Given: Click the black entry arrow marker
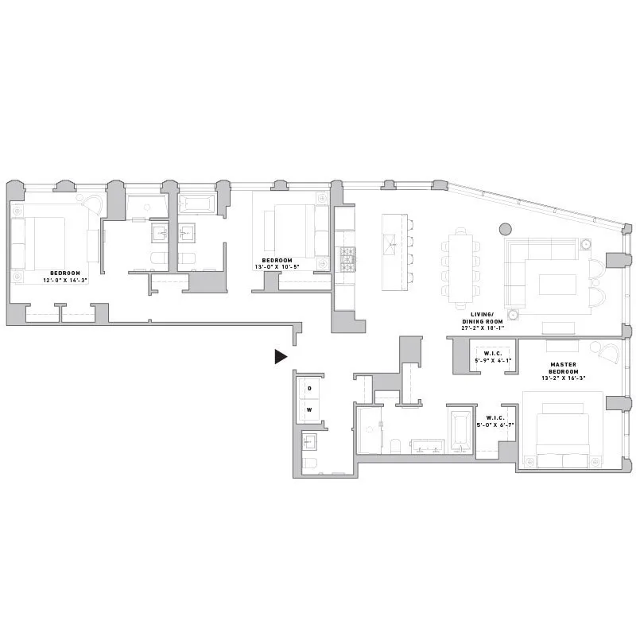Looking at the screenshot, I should [x=280, y=357].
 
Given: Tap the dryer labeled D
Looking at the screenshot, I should [x=310, y=388].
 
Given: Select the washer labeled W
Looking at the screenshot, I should [x=310, y=409].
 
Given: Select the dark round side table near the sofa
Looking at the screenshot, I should [x=504, y=229].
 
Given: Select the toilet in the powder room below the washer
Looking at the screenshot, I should [x=309, y=463].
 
